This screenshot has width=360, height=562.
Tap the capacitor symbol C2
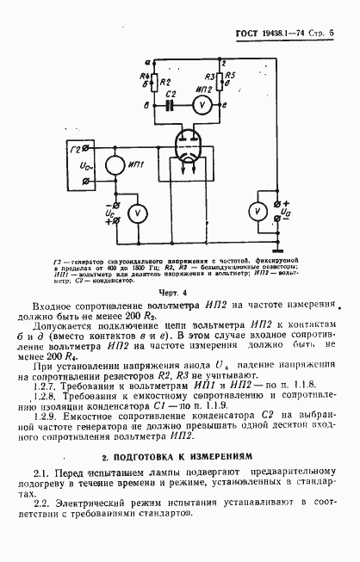coord(170,103)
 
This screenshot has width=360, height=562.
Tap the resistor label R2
coord(164,82)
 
